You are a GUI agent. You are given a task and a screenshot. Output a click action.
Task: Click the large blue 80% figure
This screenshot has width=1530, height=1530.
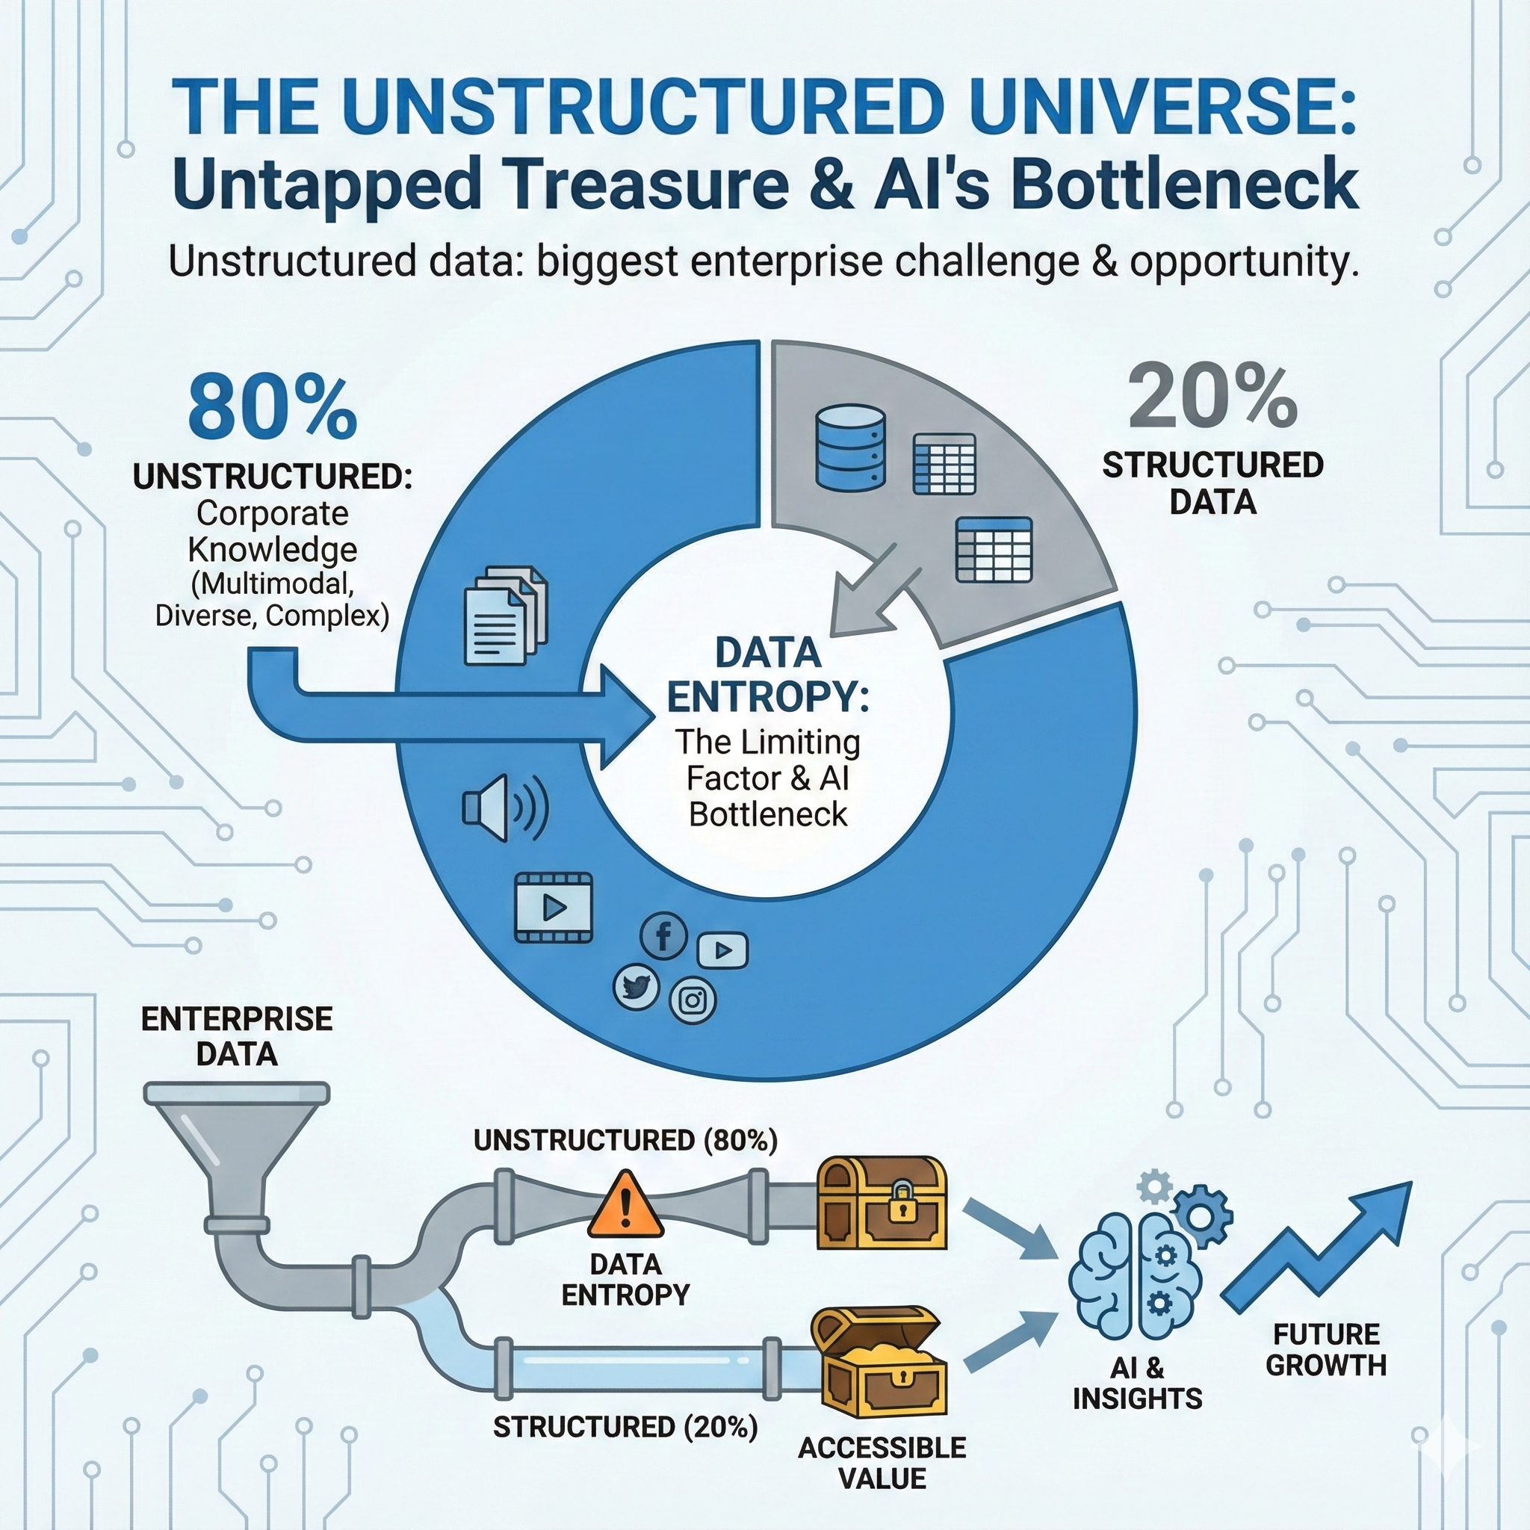(x=272, y=409)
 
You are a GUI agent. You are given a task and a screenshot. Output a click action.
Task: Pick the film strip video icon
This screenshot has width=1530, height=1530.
(x=554, y=908)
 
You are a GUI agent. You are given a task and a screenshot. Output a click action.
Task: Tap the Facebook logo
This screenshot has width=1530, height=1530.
(x=663, y=935)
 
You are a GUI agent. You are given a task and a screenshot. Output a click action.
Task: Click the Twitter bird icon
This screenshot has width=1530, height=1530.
(x=636, y=987)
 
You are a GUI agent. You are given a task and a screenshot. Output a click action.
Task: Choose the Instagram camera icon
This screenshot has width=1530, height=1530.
(x=693, y=1000)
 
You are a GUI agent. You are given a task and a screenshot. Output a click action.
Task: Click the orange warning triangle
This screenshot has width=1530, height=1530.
(x=625, y=1204)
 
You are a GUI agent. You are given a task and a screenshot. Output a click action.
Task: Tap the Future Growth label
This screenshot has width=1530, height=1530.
(x=1326, y=1349)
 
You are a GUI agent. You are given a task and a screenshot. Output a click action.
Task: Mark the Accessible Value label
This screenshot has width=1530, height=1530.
(x=882, y=1462)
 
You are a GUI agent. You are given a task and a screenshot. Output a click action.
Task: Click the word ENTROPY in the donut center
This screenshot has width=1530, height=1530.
(x=767, y=697)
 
